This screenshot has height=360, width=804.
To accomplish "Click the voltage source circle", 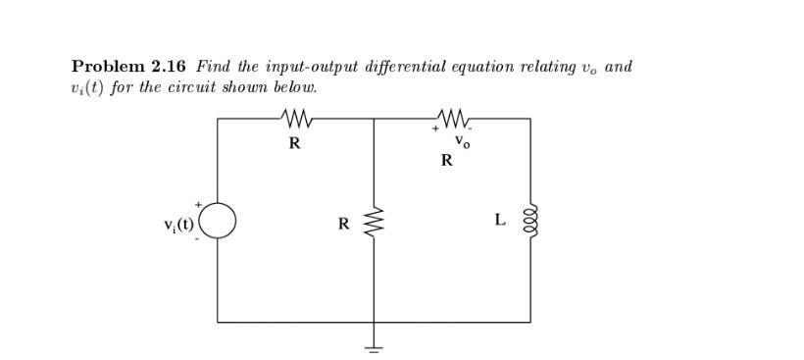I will [x=218, y=220].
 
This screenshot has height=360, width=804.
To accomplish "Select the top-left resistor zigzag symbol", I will [x=295, y=119].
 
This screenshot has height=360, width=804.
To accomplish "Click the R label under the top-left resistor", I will [x=294, y=143].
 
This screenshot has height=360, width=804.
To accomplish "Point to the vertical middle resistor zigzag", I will [x=374, y=223].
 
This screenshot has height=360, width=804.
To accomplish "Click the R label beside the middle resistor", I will [x=343, y=224].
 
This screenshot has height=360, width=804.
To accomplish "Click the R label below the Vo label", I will [x=447, y=161].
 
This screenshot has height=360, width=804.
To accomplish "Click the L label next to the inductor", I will [x=500, y=220].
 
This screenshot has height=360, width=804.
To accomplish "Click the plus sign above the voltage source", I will [x=198, y=203].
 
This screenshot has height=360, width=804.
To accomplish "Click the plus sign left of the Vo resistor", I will [x=433, y=128].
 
